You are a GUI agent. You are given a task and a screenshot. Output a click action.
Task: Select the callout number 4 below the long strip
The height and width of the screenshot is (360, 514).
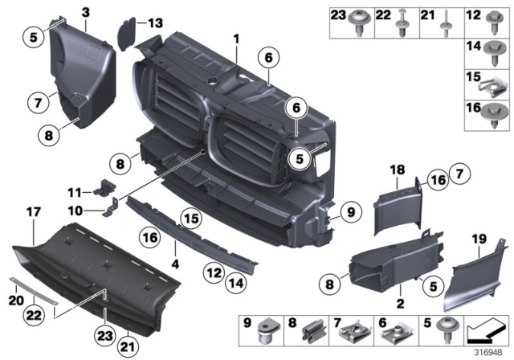tap(174, 261)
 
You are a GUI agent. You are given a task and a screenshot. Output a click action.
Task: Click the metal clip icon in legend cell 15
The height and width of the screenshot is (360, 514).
tap(489, 81)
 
